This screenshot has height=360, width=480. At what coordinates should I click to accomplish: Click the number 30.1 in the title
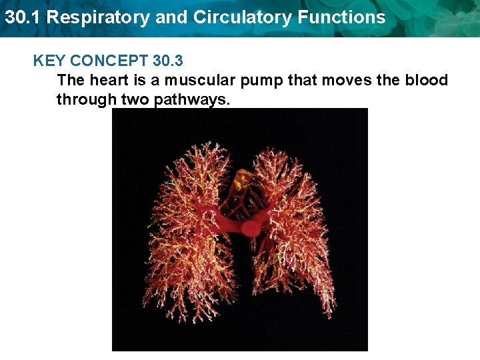coord(21,17)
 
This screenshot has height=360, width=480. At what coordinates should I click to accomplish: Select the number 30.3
coord(168,61)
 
